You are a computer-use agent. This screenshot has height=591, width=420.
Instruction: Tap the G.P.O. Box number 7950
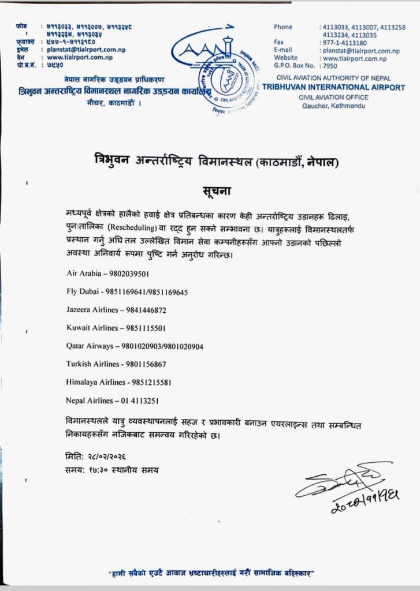[328, 66]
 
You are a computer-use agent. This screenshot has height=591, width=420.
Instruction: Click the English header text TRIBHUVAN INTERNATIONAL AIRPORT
[333, 88]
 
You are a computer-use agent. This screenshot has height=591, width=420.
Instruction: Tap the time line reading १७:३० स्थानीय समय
[112, 470]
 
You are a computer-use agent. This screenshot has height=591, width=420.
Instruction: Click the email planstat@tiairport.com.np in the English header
[354, 50]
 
